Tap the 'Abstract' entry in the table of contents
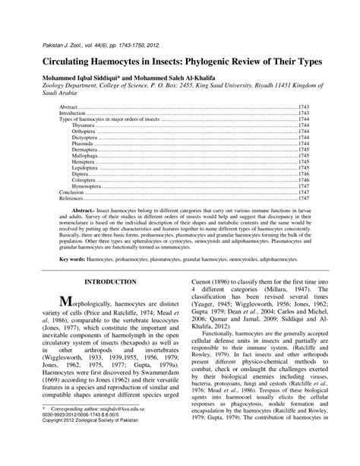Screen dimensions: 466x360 coord(69,108)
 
